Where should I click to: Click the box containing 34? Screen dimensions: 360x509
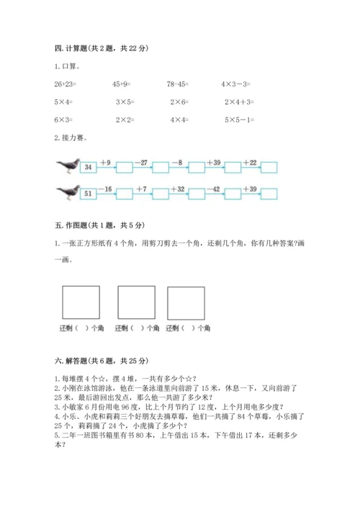87,168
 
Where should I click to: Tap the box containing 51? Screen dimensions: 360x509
87,194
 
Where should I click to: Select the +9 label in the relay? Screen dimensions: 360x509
106,163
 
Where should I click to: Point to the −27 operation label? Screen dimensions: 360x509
143,163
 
